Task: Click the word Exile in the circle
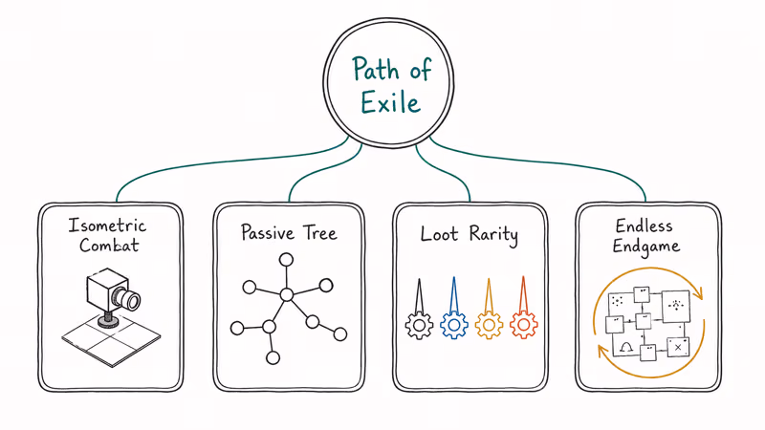click(x=390, y=101)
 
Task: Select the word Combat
click(x=110, y=247)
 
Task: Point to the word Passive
click(x=264, y=233)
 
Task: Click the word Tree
click(x=318, y=233)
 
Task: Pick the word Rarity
click(x=493, y=233)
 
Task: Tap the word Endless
click(x=645, y=226)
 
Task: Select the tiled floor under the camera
click(x=110, y=338)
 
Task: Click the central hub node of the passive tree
click(x=286, y=294)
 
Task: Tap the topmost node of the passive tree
click(x=286, y=259)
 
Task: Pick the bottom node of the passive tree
click(x=273, y=358)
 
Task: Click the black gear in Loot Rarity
click(x=419, y=325)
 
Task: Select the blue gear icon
click(x=454, y=325)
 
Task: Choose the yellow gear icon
click(x=489, y=325)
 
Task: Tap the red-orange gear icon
click(x=523, y=325)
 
